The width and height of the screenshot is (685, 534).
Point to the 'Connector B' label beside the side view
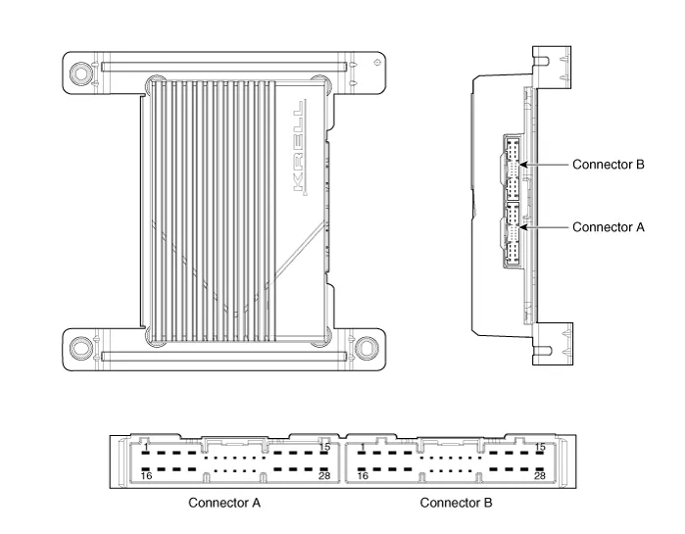(x=608, y=164)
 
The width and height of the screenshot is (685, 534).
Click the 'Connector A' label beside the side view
(x=608, y=226)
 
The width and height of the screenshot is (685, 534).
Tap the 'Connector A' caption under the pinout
(x=223, y=504)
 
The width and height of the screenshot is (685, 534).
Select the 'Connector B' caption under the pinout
(x=457, y=504)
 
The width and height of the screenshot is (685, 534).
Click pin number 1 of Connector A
(x=145, y=448)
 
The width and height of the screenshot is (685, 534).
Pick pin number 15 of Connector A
(x=323, y=448)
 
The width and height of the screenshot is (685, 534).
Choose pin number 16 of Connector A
(x=145, y=476)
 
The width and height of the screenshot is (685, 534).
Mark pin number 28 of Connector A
(x=323, y=476)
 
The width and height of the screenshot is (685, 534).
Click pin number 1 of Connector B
(x=363, y=448)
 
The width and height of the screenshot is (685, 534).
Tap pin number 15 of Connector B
(x=540, y=448)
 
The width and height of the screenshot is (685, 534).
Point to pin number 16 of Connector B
(x=363, y=476)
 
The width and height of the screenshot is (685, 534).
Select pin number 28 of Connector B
(x=540, y=476)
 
